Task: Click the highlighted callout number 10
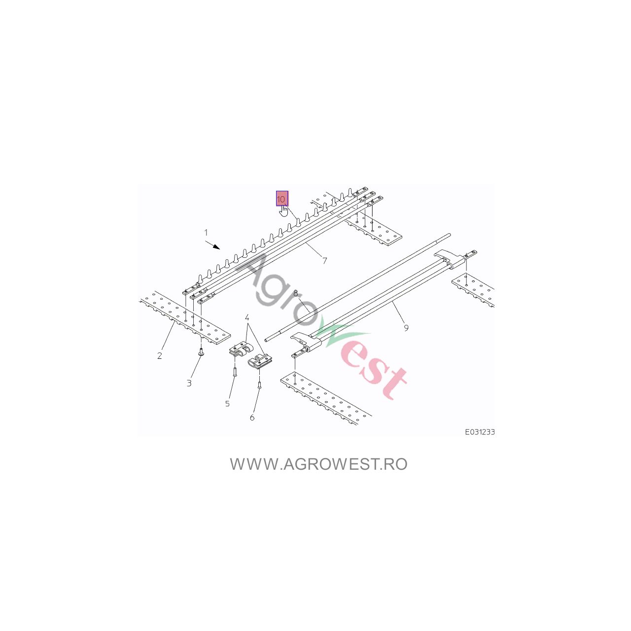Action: pos(281,199)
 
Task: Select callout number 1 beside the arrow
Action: pos(206,233)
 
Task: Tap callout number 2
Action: pos(159,355)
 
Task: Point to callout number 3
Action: pos(189,383)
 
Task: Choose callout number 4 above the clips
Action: pos(247,317)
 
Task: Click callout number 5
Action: pos(228,404)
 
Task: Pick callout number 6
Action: pos(252,418)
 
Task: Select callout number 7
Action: pos(324,261)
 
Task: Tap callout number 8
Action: pos(296,293)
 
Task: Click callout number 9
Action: pos(406,328)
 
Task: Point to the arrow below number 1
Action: pos(212,245)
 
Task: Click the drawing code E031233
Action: pos(480,432)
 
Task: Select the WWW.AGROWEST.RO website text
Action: pos(318,464)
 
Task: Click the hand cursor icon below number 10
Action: pos(283,211)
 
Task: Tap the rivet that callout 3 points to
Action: pos(201,351)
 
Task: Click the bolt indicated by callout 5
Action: pos(235,371)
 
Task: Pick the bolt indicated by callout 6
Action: pos(259,385)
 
